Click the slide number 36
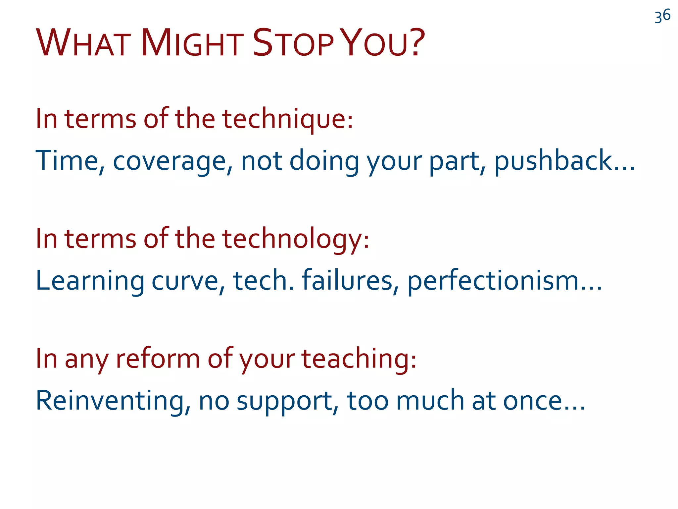(662, 16)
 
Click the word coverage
(170, 161)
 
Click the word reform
(158, 359)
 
